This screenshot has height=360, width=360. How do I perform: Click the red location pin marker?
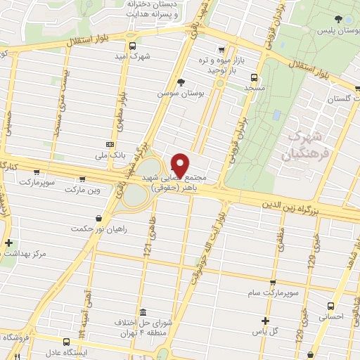[180, 163]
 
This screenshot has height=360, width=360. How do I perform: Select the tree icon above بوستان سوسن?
[181, 82]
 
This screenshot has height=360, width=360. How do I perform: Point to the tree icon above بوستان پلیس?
[338, 20]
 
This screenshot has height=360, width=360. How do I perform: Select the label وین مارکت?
[82, 190]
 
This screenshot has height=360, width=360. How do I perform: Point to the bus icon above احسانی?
[332, 306]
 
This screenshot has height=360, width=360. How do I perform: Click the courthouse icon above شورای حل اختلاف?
[143, 311]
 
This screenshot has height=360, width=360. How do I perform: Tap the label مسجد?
[254, 89]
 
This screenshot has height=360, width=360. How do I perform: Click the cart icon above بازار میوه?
[222, 50]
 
